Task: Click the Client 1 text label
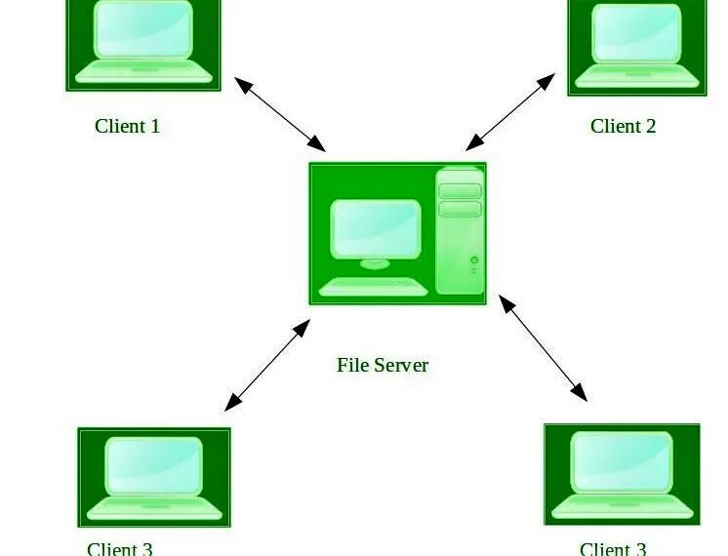point(127,126)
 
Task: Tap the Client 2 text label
point(623,126)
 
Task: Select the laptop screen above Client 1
point(143,29)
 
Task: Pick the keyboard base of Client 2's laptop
point(636,75)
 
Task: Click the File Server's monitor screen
point(376,228)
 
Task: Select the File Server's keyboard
point(373,287)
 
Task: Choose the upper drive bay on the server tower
point(460,191)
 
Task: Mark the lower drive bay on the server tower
point(460,209)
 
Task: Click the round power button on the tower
point(474,260)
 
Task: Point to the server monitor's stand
point(375,262)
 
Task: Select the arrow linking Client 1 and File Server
point(280,112)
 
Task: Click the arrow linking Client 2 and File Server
point(510,112)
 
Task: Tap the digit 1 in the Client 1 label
point(154,126)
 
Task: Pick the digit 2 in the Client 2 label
point(650,126)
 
